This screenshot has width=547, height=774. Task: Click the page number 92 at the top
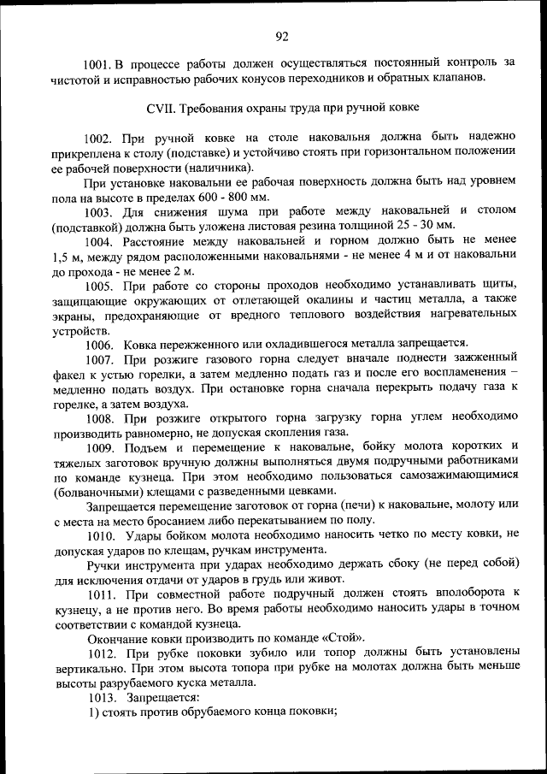click(x=283, y=35)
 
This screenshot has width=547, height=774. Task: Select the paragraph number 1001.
click(x=97, y=62)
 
